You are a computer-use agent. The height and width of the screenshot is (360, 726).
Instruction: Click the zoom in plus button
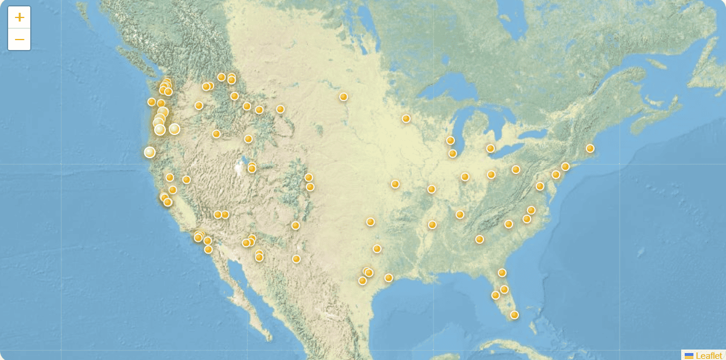[19, 17]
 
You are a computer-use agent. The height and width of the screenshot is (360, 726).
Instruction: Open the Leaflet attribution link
[709, 355]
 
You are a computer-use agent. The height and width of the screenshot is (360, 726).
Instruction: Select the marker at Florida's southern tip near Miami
[514, 315]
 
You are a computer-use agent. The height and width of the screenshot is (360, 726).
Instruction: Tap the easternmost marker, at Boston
[590, 148]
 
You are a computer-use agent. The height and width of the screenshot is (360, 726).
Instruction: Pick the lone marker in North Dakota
[344, 97]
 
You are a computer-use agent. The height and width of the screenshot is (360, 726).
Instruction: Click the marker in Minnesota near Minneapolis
[406, 119]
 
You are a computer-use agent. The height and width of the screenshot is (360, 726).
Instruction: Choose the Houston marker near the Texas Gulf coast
[389, 277]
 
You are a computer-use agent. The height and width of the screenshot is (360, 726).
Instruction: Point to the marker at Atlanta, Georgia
[479, 239]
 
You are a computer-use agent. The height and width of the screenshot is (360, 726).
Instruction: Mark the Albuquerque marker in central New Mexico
[296, 225]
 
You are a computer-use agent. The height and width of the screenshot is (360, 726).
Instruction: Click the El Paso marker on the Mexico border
[296, 259]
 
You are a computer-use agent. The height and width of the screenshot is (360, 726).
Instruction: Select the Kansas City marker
[395, 184]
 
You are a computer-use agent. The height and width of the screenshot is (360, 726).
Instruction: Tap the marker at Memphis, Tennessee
[432, 224]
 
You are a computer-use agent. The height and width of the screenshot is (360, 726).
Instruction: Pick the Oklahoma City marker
[371, 222]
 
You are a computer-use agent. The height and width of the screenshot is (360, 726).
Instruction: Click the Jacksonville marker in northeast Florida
[502, 273]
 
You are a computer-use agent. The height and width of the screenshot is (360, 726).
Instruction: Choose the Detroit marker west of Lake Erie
[490, 148]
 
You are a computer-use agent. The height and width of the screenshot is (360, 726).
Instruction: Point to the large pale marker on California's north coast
[150, 152]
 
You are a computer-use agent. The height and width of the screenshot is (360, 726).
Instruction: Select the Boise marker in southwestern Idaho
[216, 134]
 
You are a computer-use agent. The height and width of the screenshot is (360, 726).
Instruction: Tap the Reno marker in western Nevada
[186, 180]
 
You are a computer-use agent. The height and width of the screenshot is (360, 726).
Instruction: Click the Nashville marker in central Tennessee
[460, 214]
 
